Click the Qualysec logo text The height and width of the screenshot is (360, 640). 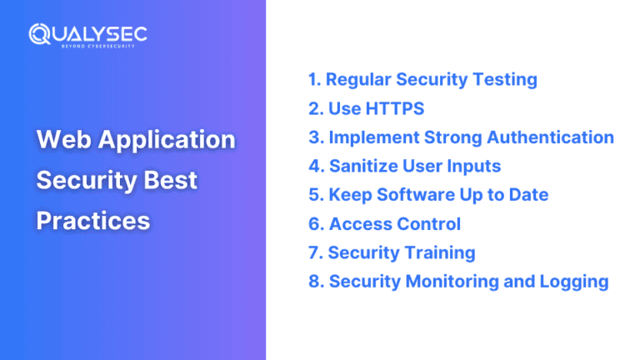pyautogui.click(x=87, y=33)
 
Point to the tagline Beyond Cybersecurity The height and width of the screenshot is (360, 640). pyautogui.click(x=97, y=46)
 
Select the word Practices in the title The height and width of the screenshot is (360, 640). pyautogui.click(x=93, y=220)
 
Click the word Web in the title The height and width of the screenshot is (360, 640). pyautogui.click(x=62, y=139)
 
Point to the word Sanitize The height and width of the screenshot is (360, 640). pyautogui.click(x=366, y=166)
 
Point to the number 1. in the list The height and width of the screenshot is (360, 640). pyautogui.click(x=314, y=80)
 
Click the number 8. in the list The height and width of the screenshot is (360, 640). pyautogui.click(x=316, y=282)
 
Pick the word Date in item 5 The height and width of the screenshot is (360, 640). pyautogui.click(x=528, y=195)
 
